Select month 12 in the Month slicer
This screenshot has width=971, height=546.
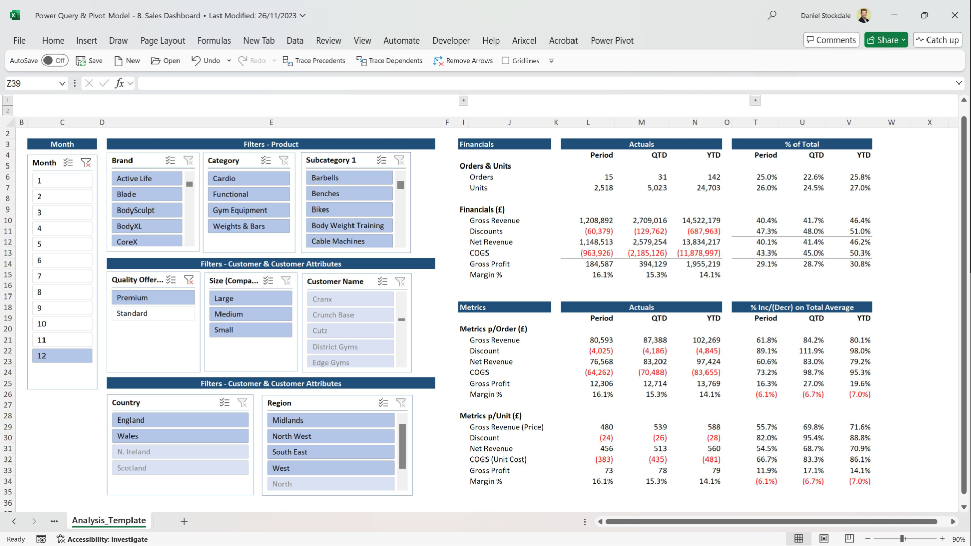[62, 356]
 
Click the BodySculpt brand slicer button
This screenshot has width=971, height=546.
[146, 210]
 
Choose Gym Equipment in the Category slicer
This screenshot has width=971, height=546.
[248, 210]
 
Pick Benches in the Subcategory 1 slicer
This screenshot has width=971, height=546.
[349, 194]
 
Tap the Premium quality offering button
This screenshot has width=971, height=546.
[153, 298]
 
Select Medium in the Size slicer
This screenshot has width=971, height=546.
[250, 314]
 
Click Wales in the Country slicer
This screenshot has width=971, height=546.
[180, 436]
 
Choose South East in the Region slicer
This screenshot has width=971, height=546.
[330, 452]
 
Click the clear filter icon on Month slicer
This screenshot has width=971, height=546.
[86, 163]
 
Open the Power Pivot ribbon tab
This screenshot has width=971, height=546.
[612, 40]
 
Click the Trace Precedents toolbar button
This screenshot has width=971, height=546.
[314, 61]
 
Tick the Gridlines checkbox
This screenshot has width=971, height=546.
[505, 61]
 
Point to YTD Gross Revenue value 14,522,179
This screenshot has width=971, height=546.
[700, 221]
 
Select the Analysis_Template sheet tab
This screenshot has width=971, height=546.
[109, 520]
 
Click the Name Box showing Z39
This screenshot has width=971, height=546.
[30, 83]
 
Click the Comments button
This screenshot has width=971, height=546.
[831, 40]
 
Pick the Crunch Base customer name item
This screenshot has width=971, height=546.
[350, 315]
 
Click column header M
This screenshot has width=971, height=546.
[641, 122]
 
